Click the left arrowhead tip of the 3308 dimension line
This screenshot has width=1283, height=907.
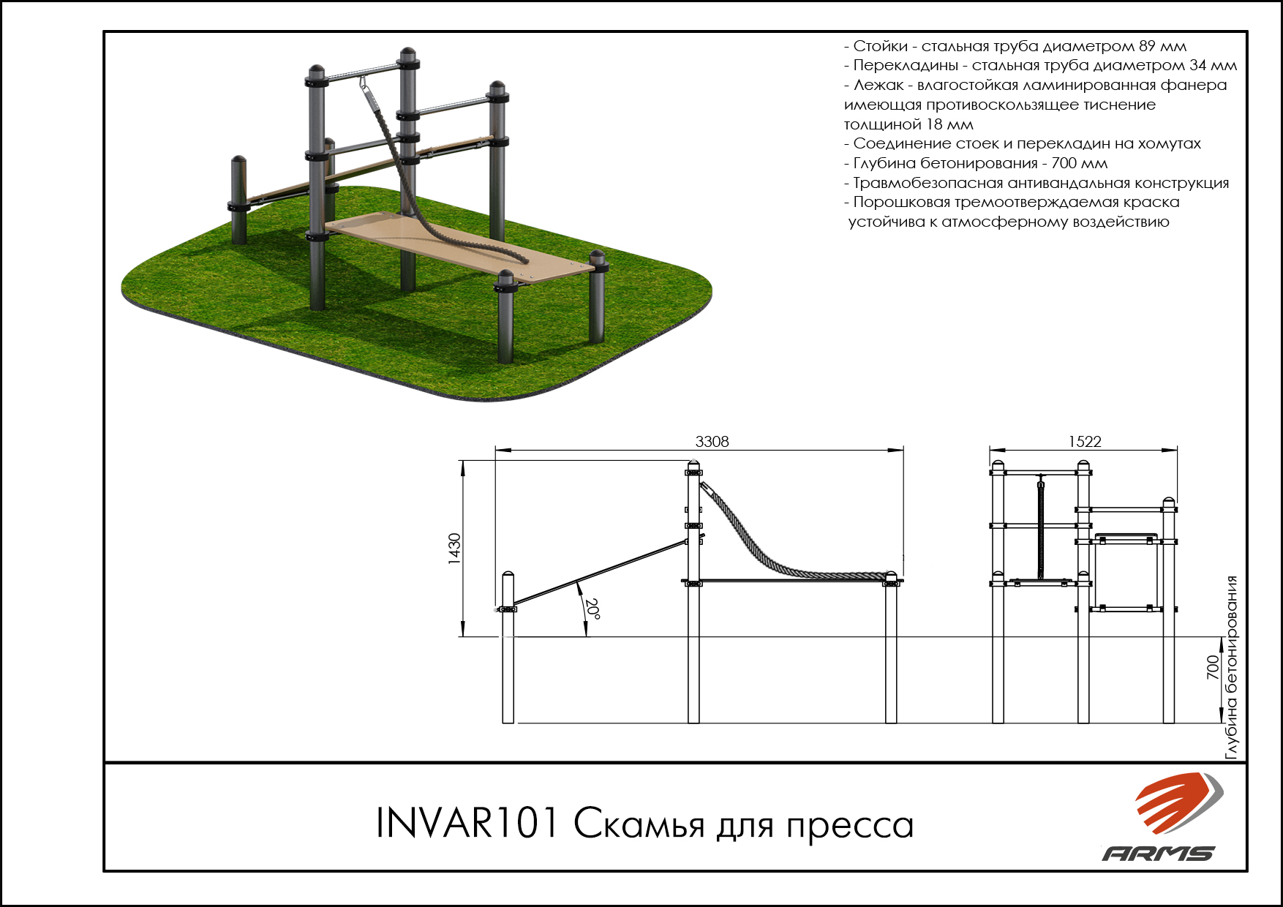(x=495, y=450)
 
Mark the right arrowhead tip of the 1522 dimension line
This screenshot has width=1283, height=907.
(x=1177, y=450)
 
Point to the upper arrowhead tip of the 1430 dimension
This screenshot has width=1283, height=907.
(x=463, y=461)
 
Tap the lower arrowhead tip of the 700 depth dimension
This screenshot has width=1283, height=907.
(x=1222, y=723)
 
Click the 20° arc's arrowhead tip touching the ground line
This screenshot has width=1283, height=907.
(x=585, y=636)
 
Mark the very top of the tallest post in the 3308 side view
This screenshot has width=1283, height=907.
(x=693, y=460)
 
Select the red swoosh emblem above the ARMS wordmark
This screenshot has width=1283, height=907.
(x=1178, y=802)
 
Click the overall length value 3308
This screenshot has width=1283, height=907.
(x=712, y=441)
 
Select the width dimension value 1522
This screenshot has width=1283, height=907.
(x=1084, y=441)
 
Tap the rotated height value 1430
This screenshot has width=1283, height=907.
(x=454, y=549)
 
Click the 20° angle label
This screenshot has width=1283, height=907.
(x=593, y=609)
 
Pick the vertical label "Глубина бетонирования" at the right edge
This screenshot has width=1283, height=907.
(x=1232, y=667)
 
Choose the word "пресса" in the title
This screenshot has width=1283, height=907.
(x=850, y=825)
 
